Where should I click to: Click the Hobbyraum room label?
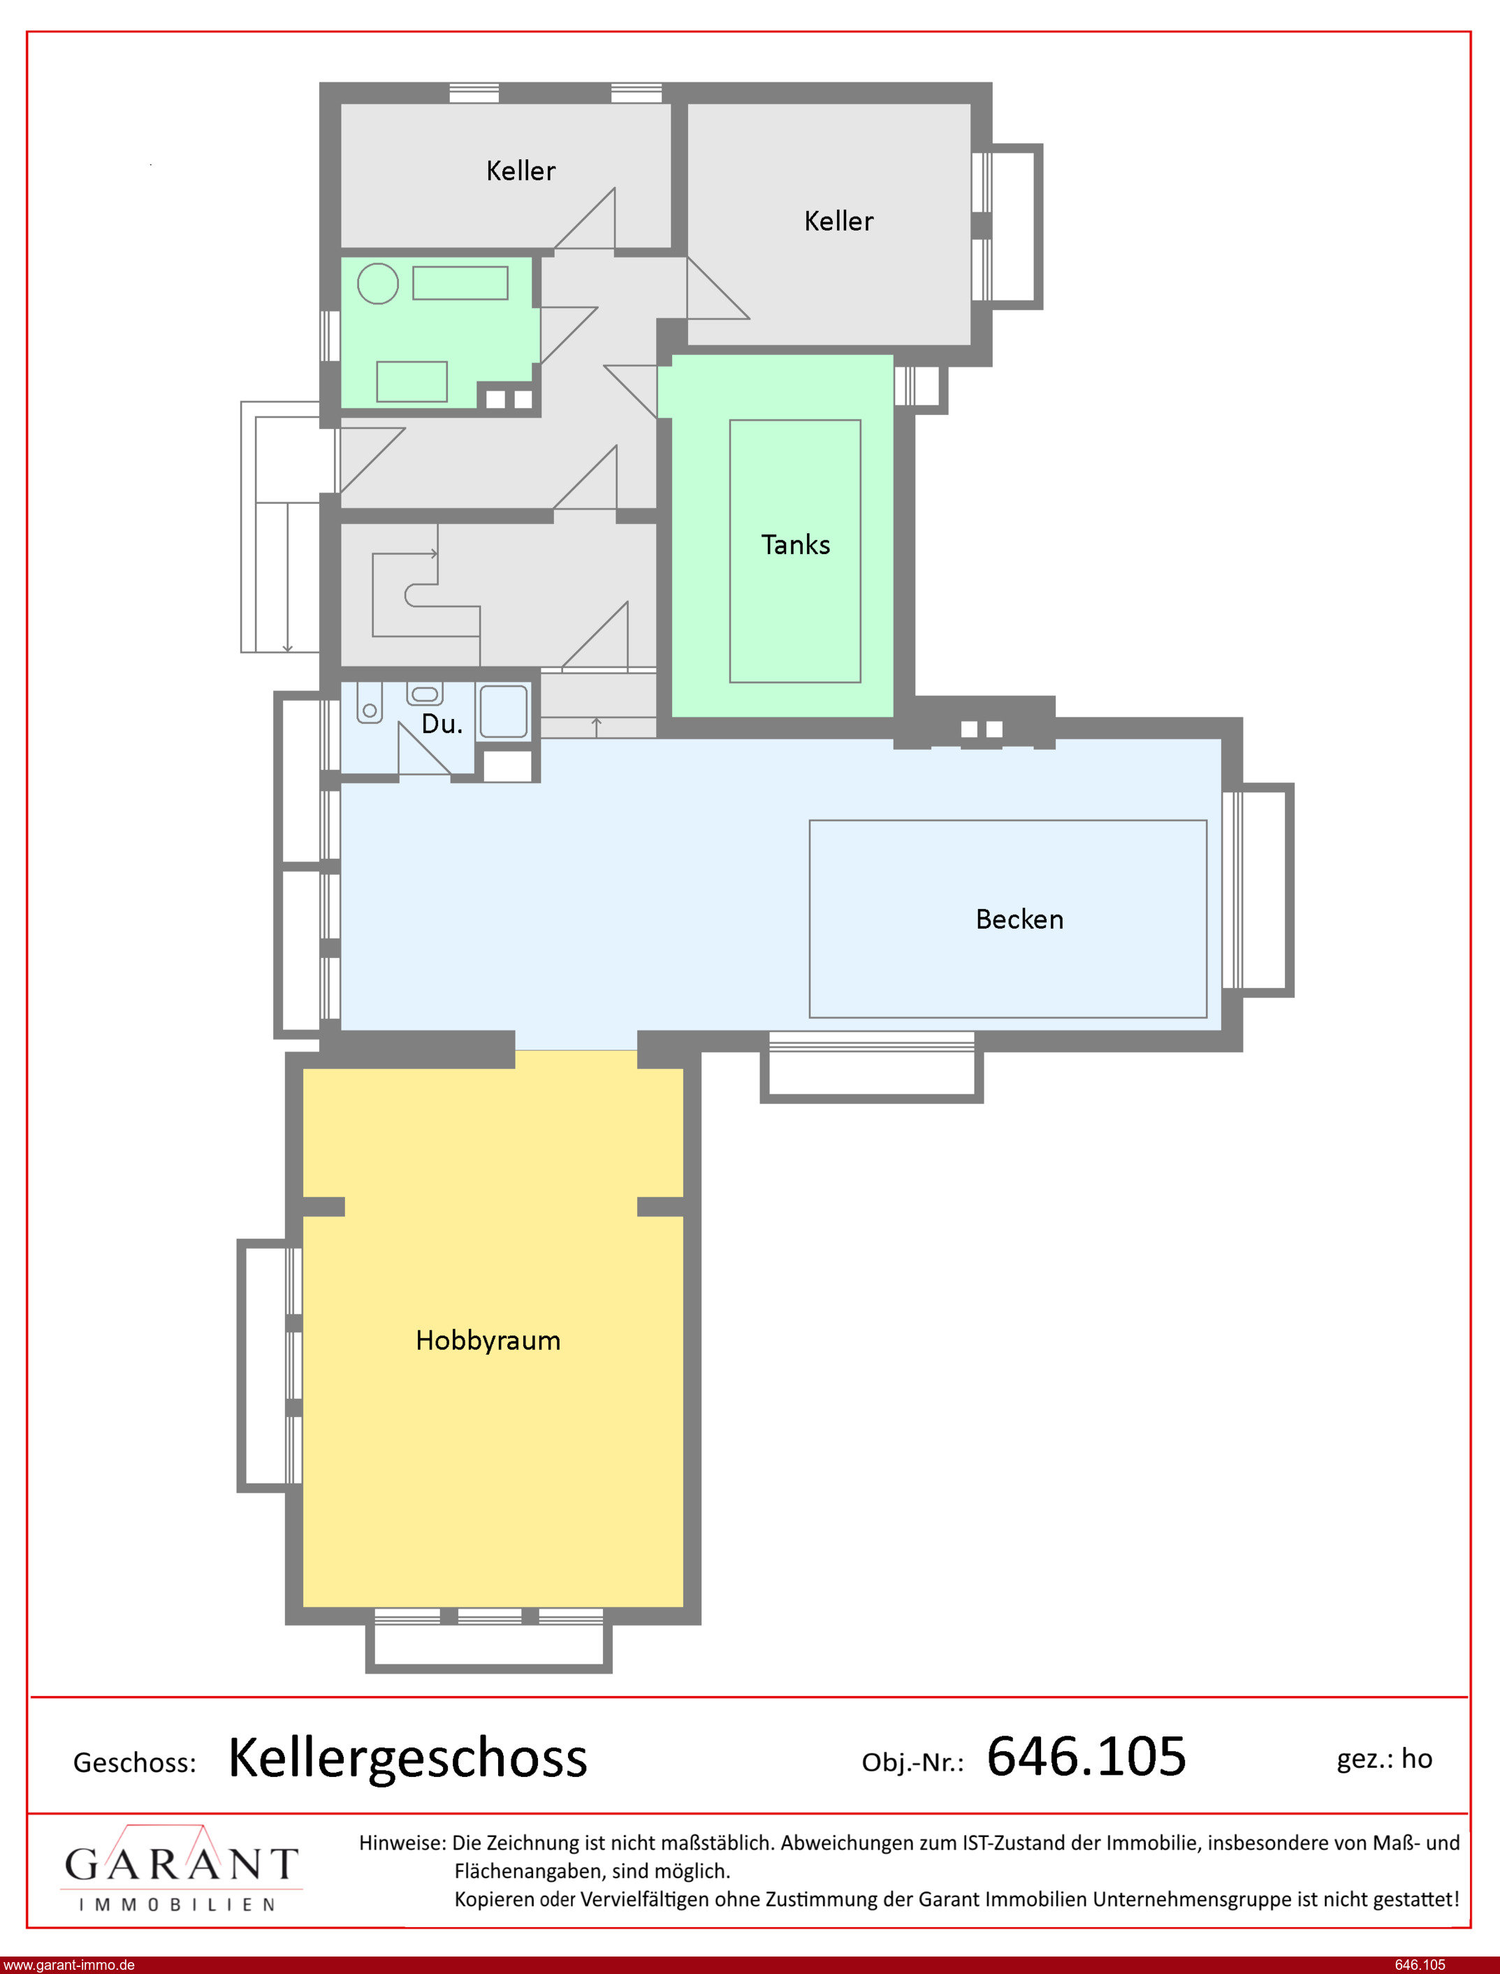(x=488, y=1340)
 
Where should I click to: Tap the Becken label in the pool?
(x=1019, y=919)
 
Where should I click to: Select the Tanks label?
(x=796, y=544)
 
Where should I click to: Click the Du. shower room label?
(x=442, y=724)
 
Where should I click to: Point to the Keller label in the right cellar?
(x=838, y=222)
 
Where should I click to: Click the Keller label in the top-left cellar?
(x=520, y=170)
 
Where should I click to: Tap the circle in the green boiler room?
(x=378, y=284)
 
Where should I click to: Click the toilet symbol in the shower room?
(x=370, y=701)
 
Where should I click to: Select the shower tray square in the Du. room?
(x=504, y=711)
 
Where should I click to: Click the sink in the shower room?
(x=425, y=692)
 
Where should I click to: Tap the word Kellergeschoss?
(x=408, y=1758)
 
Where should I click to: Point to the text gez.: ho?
(x=1384, y=1759)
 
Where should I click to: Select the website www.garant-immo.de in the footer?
(x=68, y=1965)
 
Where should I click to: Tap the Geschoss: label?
(x=135, y=1762)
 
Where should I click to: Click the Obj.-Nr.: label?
(x=912, y=1762)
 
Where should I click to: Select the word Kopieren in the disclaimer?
(x=495, y=1900)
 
